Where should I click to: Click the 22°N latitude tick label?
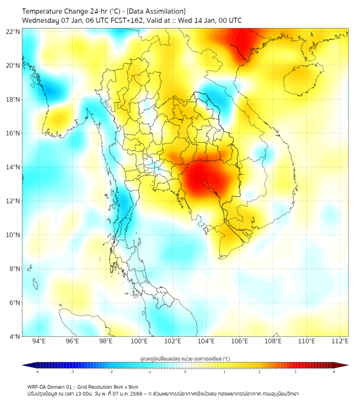point(13,31)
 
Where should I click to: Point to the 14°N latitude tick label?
point(13,167)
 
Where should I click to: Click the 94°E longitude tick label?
point(39,342)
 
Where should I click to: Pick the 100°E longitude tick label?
point(139,342)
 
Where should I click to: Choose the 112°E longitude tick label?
point(340,342)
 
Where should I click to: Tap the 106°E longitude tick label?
point(240,342)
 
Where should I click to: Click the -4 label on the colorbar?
point(36,372)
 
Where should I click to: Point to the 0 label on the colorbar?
point(185,372)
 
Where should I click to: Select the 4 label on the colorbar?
point(334,372)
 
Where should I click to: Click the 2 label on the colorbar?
point(259,372)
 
